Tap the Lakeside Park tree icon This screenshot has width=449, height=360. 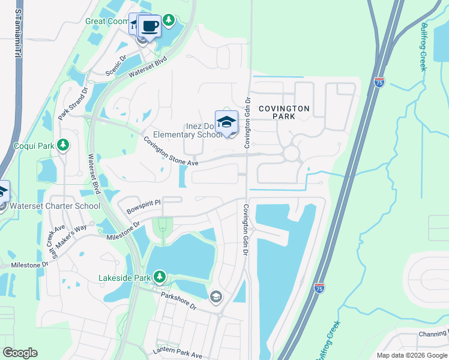(159, 277)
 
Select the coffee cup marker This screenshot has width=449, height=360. (149, 26)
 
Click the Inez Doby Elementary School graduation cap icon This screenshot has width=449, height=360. (226, 122)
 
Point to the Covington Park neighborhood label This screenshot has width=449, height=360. (284, 112)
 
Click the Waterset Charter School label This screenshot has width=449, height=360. (55, 206)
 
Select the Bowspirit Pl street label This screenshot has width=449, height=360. (145, 207)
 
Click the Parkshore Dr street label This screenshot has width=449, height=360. (178, 301)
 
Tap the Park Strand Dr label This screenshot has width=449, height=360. (73, 103)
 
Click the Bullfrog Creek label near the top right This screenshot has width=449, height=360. (423, 47)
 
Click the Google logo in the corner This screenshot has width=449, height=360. (20, 353)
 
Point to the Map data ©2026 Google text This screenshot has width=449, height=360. (412, 355)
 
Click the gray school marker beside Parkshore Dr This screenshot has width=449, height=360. (215, 296)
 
